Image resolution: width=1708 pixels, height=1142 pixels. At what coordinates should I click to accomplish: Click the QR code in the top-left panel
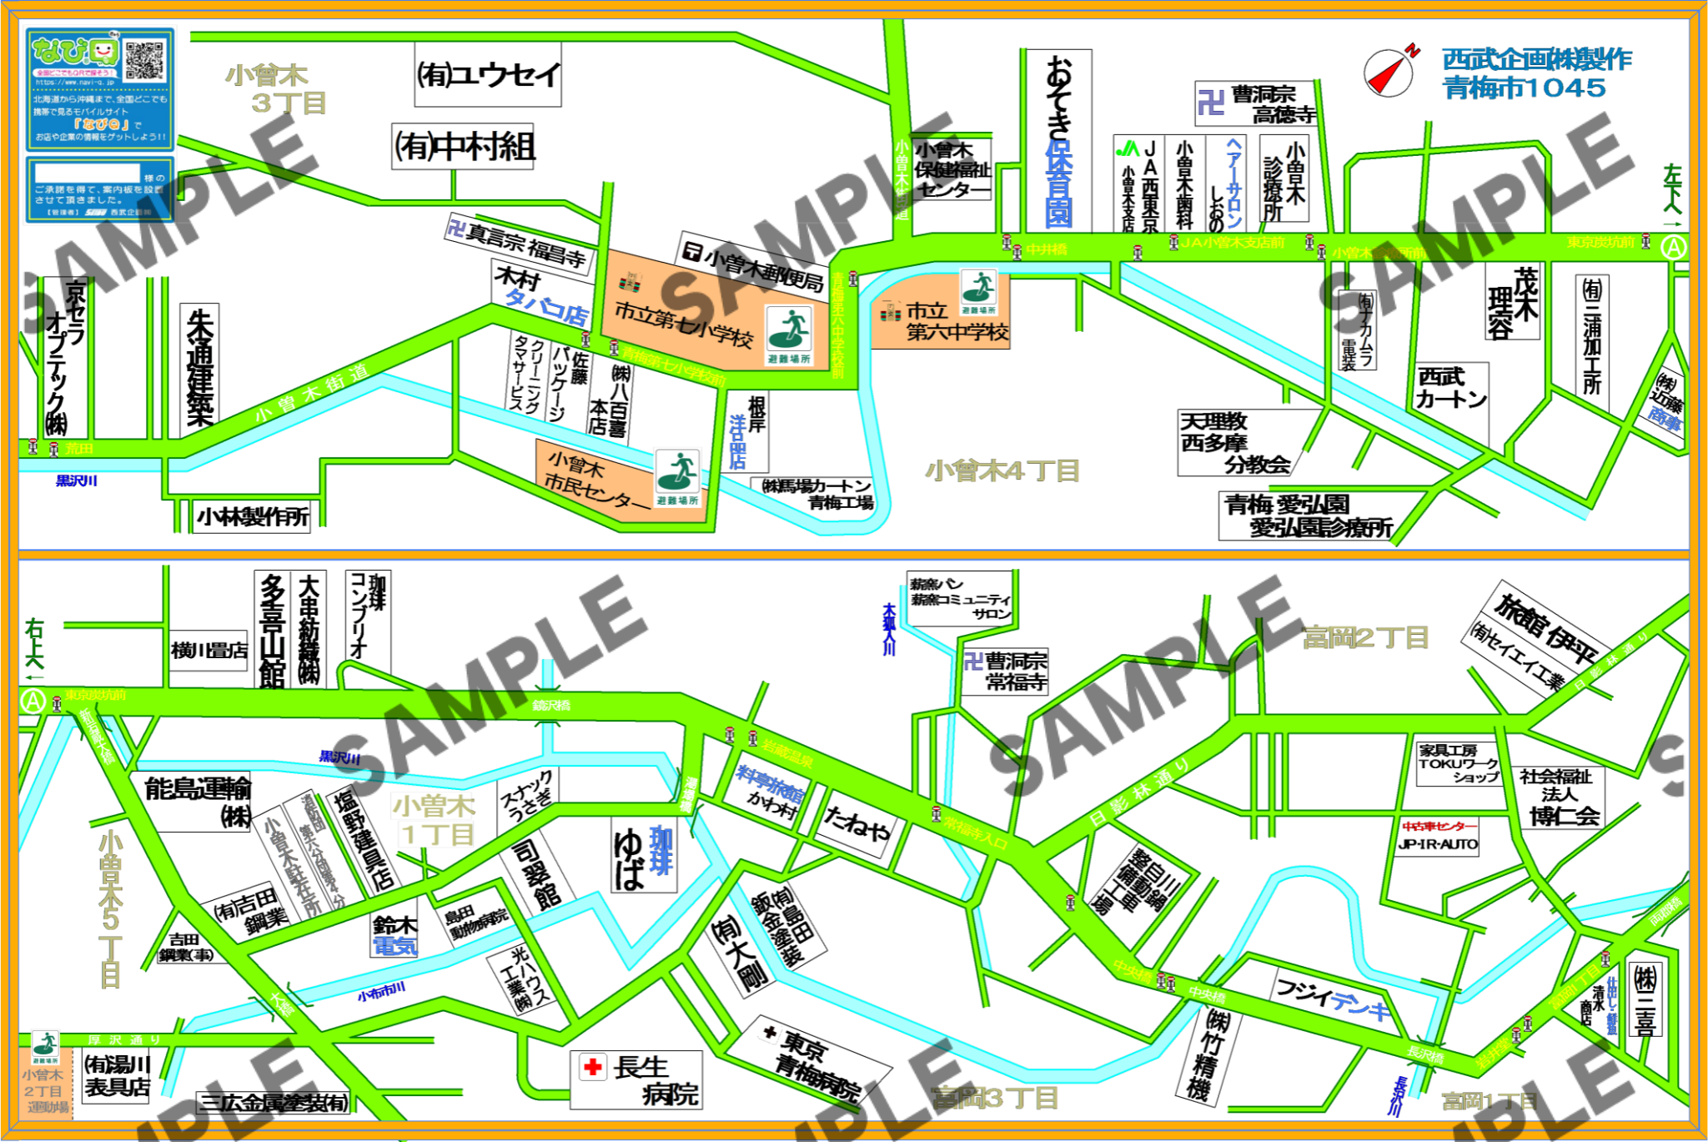pyautogui.click(x=145, y=59)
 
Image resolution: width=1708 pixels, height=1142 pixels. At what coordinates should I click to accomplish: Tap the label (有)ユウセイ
pyautogui.click(x=488, y=76)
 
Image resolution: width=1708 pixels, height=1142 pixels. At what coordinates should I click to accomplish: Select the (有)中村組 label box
pyautogui.click(x=464, y=147)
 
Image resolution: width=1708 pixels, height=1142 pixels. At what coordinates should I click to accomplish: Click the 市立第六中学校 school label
pyautogui.click(x=956, y=322)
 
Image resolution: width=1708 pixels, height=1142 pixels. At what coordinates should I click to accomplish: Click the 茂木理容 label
pyautogui.click(x=1512, y=303)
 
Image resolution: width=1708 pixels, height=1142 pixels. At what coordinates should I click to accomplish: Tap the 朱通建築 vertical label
pyautogui.click(x=200, y=369)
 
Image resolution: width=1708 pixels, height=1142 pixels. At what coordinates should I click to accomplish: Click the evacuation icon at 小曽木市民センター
pyautogui.click(x=677, y=473)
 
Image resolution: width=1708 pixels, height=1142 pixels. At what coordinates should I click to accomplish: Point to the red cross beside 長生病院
pyautogui.click(x=593, y=1067)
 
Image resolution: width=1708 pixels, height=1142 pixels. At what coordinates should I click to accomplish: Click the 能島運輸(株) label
pyautogui.click(x=197, y=799)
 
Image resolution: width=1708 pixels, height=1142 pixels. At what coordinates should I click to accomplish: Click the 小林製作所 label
pyautogui.click(x=254, y=517)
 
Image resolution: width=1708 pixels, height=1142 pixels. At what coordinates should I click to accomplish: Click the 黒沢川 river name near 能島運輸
pyautogui.click(x=339, y=757)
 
